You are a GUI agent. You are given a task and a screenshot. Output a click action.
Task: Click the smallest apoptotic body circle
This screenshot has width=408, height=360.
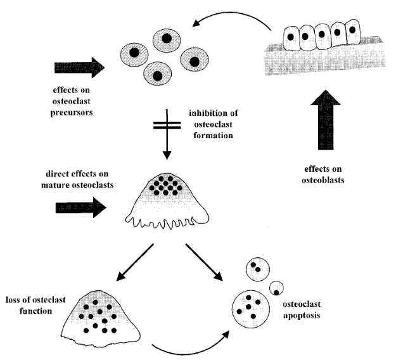[x=276, y=288]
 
